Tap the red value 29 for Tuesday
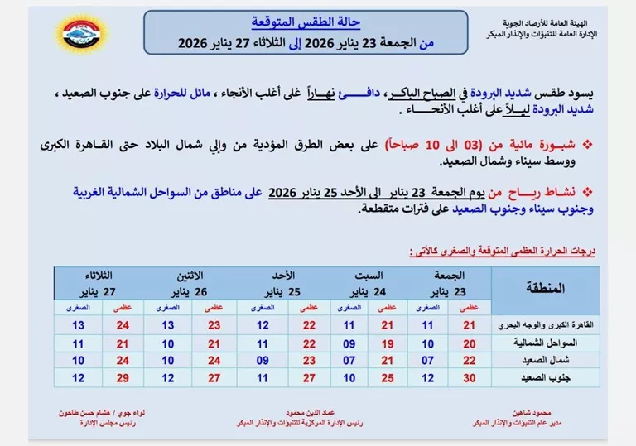pos(123,378)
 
